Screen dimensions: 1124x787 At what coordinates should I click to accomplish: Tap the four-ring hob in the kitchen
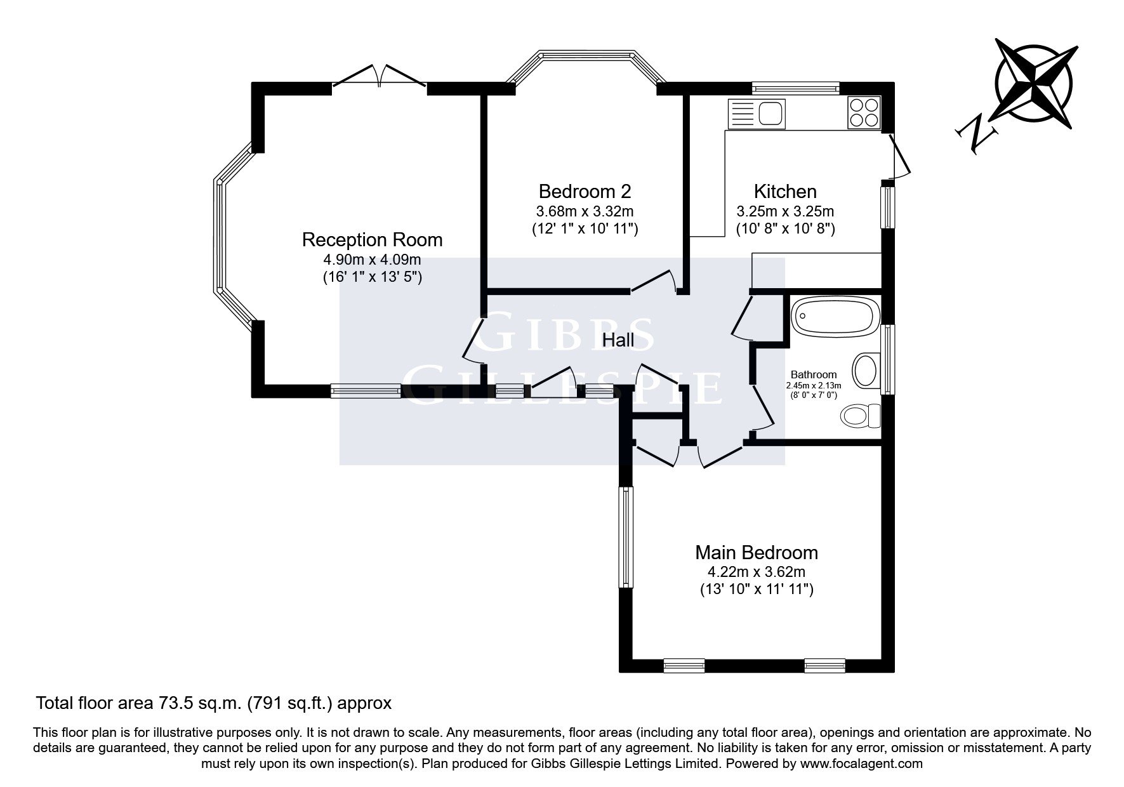[x=864, y=112]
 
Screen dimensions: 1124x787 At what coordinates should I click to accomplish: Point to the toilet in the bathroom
[x=861, y=416]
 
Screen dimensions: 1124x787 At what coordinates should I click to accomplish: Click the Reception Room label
[x=372, y=240]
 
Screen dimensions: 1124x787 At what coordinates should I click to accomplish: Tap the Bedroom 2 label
[x=585, y=191]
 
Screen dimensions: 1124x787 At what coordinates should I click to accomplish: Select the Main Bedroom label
[x=757, y=553]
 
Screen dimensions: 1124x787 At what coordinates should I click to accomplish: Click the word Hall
[x=618, y=341]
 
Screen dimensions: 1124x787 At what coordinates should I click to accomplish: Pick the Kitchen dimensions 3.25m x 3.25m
[x=785, y=211]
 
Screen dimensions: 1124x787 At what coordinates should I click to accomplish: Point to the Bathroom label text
[x=814, y=375]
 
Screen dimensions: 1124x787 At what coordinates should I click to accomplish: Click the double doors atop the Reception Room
[x=380, y=74]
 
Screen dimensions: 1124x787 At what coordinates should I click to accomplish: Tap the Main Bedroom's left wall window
[x=626, y=537]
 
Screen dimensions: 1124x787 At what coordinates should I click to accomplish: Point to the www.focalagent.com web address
[x=861, y=764]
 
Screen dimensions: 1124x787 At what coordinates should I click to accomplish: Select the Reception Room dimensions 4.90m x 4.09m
[x=372, y=260]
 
